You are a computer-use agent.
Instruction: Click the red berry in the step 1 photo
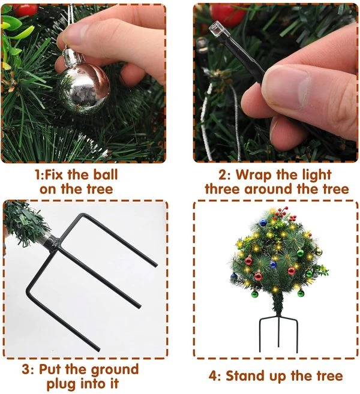tap(26, 9)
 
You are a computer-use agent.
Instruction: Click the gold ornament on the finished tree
tap(318, 251)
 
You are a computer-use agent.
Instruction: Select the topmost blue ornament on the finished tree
tap(262, 223)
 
